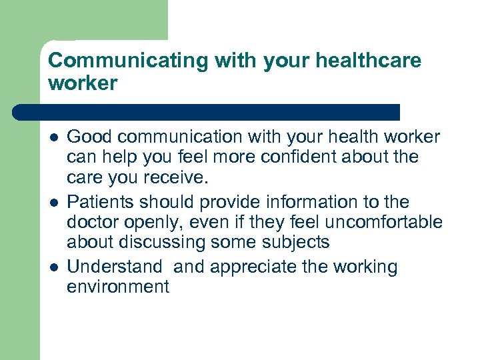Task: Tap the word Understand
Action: click(x=115, y=267)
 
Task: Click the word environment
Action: click(x=118, y=287)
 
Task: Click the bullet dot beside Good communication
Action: click(x=53, y=138)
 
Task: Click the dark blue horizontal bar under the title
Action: click(x=207, y=112)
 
